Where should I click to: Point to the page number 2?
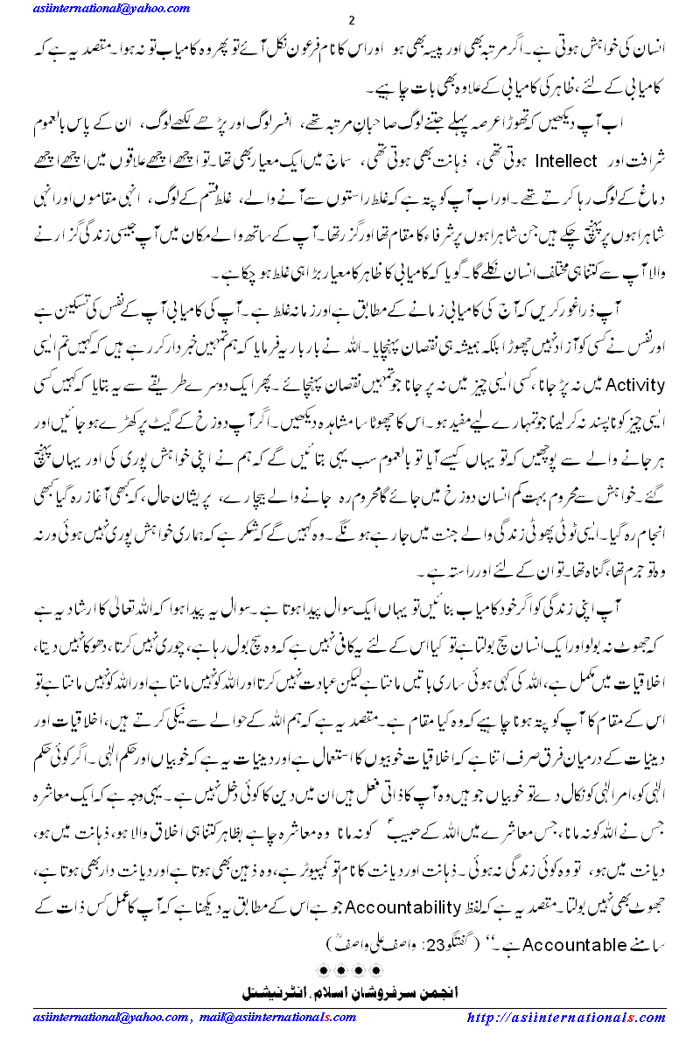click(x=350, y=22)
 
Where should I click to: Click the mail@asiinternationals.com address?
click(x=279, y=1018)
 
